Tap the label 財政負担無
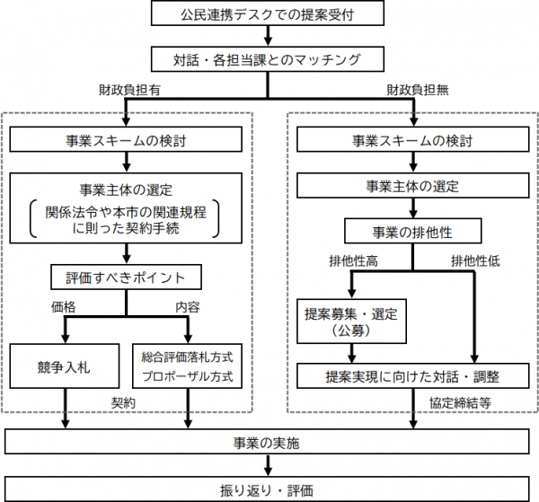coord(414,91)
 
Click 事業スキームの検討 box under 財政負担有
coord(126,139)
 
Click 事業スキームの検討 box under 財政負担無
coord(412,139)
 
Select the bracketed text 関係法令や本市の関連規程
coord(126,212)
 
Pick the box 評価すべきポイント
coord(126,276)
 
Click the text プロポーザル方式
coord(188,376)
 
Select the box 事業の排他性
coord(412,231)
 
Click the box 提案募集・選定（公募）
coord(349,322)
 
